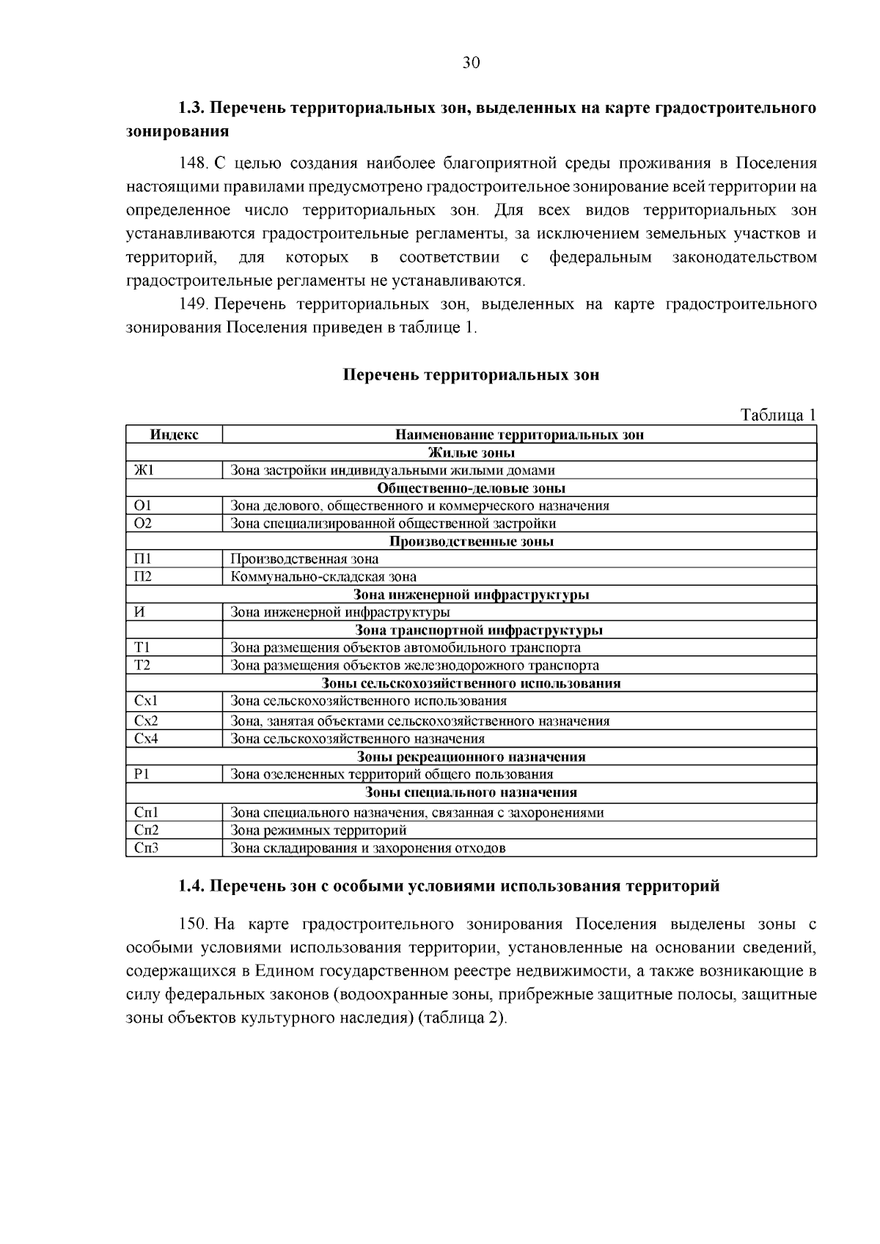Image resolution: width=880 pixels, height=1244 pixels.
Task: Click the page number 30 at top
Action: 471,63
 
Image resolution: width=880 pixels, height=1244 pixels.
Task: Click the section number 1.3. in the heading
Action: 192,108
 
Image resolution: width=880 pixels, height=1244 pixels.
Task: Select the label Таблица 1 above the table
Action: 778,416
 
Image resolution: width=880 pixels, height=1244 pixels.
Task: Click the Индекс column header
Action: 174,435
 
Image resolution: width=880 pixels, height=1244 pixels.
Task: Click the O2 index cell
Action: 143,523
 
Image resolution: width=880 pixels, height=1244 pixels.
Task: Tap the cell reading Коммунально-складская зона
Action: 323,577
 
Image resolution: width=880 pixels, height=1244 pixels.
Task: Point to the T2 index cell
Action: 142,666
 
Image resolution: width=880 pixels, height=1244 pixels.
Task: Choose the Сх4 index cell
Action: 147,739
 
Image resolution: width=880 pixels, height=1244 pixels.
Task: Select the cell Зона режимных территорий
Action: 318,831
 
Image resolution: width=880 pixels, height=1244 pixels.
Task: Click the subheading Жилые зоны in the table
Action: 471,453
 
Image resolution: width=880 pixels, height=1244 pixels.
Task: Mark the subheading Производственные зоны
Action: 471,542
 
